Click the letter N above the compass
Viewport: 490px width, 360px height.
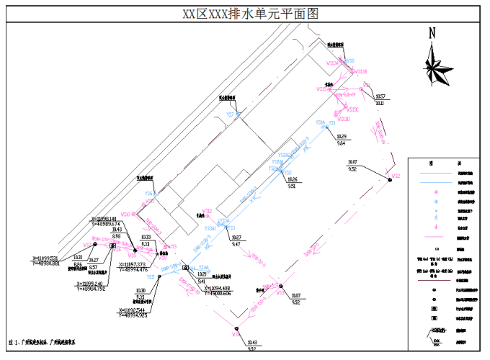pos(433,33)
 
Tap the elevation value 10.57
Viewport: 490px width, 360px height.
pos(381,96)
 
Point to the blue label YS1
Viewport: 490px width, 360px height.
pos(332,123)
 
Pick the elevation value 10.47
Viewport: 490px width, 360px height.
pos(353,162)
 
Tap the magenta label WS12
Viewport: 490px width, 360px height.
pos(207,211)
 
